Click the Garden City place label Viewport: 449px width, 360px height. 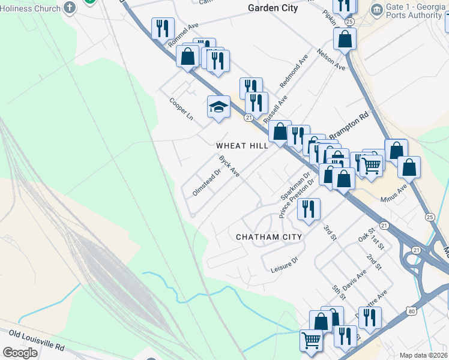pyautogui.click(x=273, y=8)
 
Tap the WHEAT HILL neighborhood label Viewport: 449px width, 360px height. pyautogui.click(x=241, y=146)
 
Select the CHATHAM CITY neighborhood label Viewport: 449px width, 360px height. pyautogui.click(x=268, y=237)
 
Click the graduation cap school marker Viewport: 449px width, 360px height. pyautogui.click(x=218, y=107)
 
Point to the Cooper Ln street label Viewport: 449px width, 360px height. pyautogui.click(x=181, y=108)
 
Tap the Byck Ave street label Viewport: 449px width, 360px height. pyautogui.click(x=229, y=166)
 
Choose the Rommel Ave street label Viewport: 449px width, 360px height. pyautogui.click(x=183, y=35)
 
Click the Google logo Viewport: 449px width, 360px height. pyautogui.click(x=20, y=353)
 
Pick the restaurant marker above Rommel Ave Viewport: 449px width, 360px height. pyautogui.click(x=163, y=28)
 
